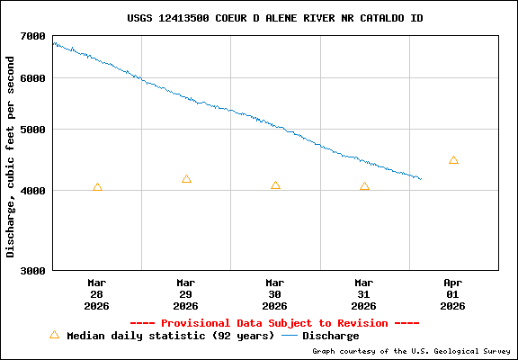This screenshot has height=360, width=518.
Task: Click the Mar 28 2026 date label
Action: pos(97,293)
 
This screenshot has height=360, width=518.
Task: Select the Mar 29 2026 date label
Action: pos(186,293)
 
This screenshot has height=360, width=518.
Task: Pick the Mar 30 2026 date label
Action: pos(275,293)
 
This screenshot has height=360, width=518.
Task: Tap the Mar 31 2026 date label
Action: pos(364,293)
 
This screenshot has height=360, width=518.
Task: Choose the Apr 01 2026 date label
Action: pos(453,293)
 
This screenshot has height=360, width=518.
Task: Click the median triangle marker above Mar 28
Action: pos(97,187)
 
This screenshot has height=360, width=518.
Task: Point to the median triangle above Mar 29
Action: pos(186,179)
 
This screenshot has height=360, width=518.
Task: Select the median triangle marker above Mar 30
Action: pos(275,185)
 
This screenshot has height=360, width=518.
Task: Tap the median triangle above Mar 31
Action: pos(364,186)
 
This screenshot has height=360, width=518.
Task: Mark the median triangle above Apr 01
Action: pos(453,160)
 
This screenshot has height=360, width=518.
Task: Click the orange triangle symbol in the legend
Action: pos(54,335)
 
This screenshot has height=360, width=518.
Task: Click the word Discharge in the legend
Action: pos(330,336)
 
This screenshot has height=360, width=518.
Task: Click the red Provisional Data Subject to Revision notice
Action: pos(274,323)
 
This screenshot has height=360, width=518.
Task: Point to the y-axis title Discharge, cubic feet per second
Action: pos(11,157)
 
